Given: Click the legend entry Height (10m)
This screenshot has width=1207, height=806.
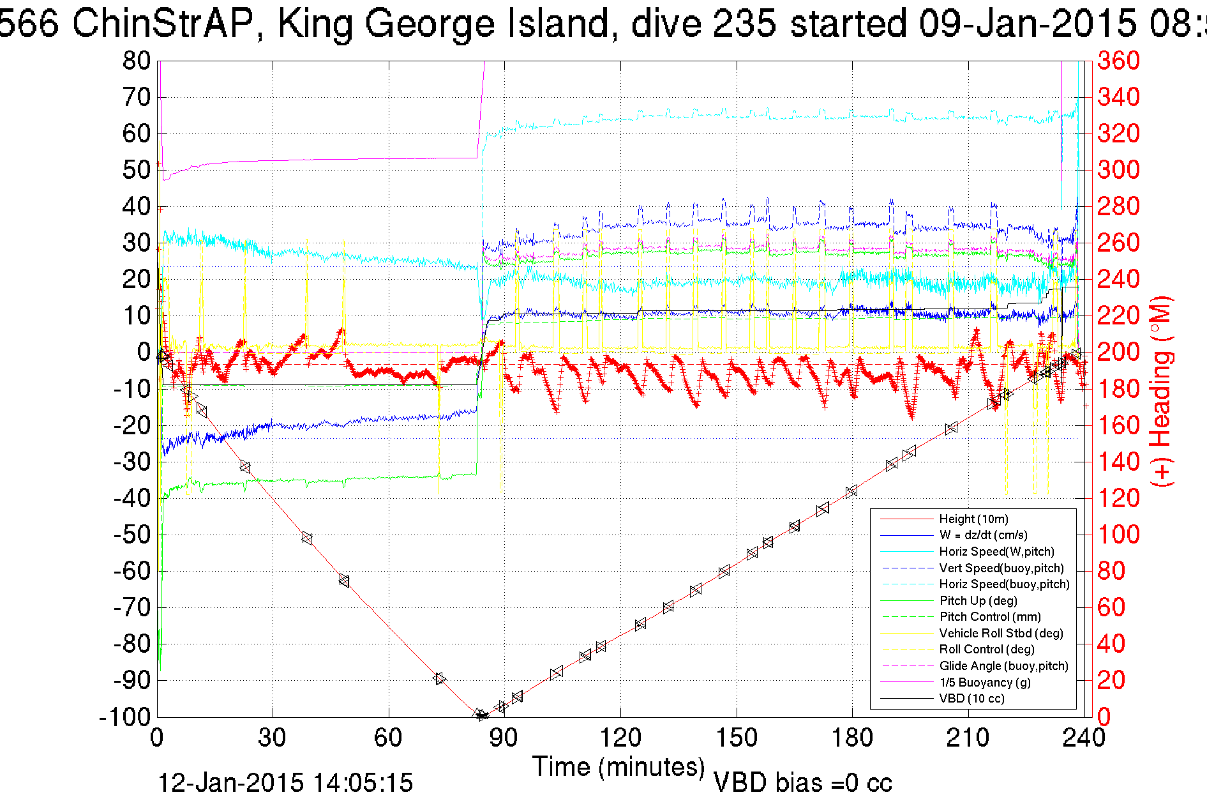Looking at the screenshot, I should (x=973, y=519).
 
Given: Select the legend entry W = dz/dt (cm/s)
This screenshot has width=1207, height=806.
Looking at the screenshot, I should (x=983, y=535).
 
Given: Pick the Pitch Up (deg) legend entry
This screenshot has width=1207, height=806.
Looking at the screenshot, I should (x=978, y=600).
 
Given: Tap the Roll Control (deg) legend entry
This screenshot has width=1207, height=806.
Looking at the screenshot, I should (x=986, y=650).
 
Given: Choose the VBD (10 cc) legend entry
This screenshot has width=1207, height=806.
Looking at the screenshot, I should (x=971, y=699).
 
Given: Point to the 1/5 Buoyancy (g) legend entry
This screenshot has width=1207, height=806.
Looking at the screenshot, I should (x=984, y=682).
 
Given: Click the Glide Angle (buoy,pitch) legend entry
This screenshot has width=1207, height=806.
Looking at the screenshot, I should (x=1003, y=666).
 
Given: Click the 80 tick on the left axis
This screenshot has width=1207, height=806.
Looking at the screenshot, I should (x=136, y=61).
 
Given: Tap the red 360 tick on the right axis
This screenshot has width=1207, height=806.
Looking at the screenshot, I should (x=1118, y=61).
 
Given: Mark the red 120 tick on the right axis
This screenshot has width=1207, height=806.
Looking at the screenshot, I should (x=1118, y=498).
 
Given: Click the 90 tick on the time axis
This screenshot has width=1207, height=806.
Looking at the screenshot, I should (x=504, y=738).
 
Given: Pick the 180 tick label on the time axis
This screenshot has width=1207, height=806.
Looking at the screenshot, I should (x=852, y=738).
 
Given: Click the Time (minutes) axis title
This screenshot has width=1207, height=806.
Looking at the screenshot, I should (x=618, y=766).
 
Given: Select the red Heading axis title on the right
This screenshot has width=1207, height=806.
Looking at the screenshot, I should (x=1162, y=391).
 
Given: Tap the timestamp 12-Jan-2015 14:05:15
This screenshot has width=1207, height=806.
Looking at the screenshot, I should (x=285, y=783).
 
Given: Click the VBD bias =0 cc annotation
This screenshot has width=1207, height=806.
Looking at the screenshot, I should (x=802, y=783).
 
